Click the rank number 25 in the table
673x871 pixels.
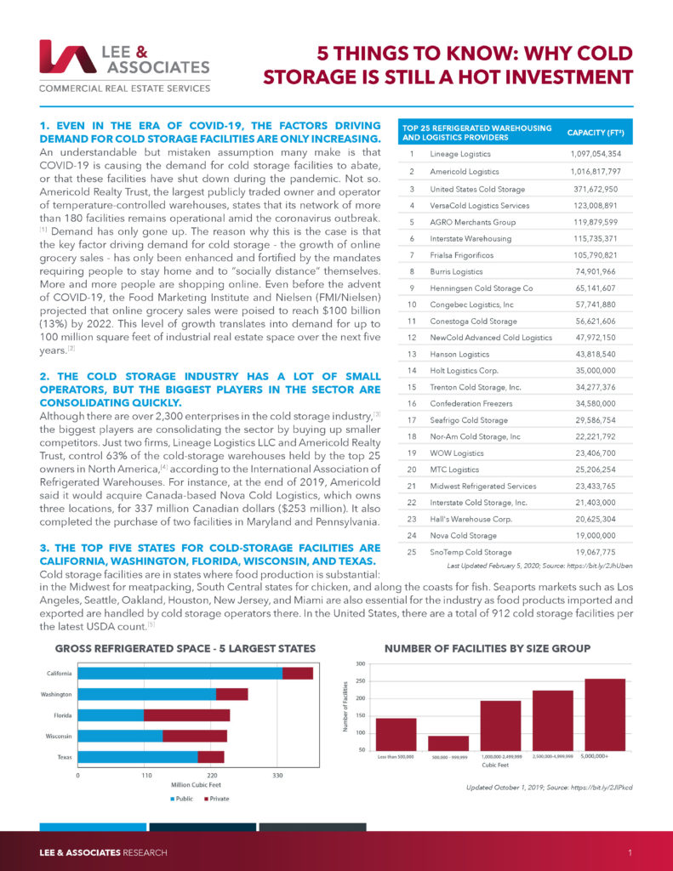(x=411, y=552)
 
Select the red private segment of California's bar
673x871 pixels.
(x=297, y=674)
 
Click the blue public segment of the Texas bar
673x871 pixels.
(x=137, y=756)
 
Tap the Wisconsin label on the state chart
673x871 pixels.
(x=59, y=735)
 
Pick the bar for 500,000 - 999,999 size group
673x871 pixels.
(x=448, y=743)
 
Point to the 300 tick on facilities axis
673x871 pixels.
(x=362, y=663)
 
